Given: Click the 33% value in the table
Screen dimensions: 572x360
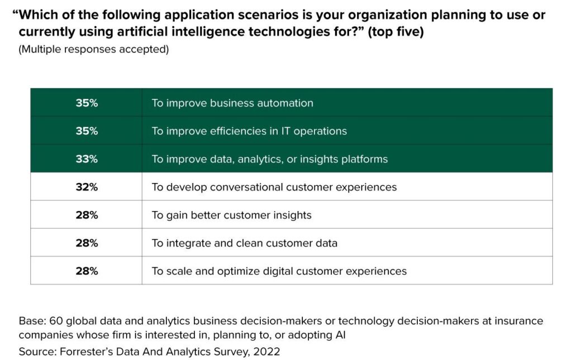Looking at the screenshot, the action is (x=87, y=159).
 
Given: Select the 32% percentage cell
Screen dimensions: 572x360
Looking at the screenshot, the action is (x=87, y=187).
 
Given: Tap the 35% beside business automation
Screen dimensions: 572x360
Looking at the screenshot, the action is (x=87, y=103).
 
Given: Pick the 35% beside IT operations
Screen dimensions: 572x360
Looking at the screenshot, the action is (x=87, y=131).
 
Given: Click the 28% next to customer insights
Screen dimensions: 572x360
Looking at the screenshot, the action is (x=87, y=215).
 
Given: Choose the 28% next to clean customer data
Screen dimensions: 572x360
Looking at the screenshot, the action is (x=87, y=243).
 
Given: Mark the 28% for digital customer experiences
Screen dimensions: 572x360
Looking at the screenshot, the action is (x=87, y=271).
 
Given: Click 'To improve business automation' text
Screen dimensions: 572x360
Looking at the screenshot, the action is (x=232, y=103).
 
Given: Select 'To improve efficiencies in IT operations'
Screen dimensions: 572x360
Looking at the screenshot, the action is (x=249, y=131).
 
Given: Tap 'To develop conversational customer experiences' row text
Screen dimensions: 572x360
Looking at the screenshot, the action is (x=274, y=188).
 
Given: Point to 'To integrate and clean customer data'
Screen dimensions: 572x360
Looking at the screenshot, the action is (x=245, y=243).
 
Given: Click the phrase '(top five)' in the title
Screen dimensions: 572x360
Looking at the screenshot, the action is (x=395, y=32).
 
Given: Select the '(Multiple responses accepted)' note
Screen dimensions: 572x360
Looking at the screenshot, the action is (x=94, y=49).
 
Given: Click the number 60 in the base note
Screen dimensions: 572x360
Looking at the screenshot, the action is (x=56, y=321).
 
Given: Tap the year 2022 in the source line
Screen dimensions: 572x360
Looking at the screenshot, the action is (x=266, y=352).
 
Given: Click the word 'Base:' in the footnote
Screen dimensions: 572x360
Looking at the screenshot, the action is (x=32, y=321).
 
